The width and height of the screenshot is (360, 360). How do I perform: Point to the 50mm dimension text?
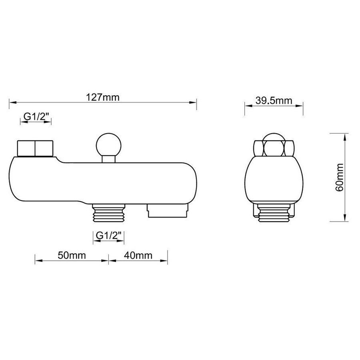click(x=72, y=256)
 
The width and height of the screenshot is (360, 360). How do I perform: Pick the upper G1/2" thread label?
click(x=36, y=116)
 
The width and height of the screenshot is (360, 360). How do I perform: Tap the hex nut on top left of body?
click(x=35, y=149)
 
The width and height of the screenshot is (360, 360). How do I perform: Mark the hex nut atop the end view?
click(x=274, y=147)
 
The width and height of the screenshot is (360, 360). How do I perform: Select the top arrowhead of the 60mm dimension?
click(x=345, y=135)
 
